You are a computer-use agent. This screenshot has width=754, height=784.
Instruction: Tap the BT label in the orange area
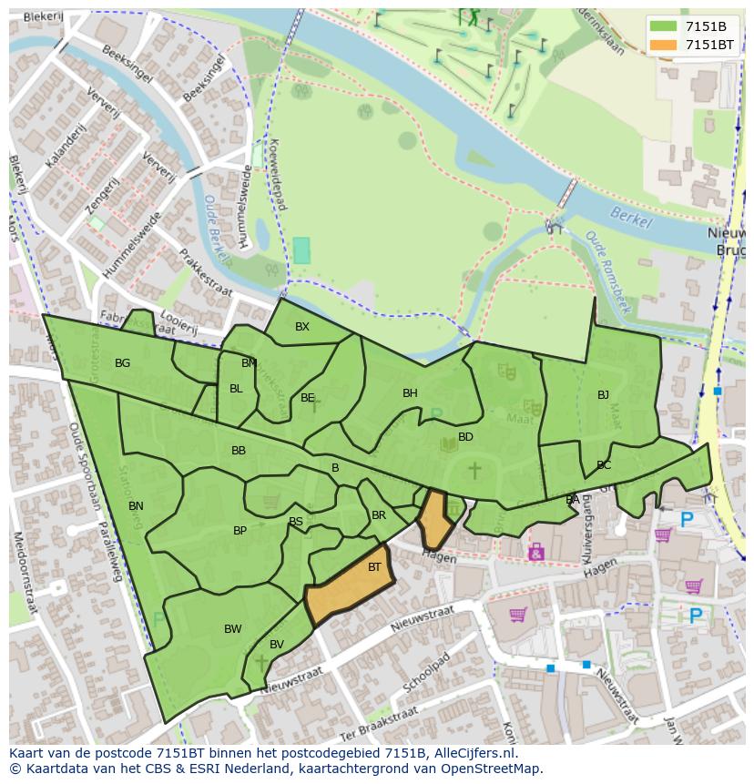[x=374, y=567]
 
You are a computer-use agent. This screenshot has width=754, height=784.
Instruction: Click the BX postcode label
[x=302, y=327]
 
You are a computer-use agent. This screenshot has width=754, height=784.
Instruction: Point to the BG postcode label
[x=122, y=363]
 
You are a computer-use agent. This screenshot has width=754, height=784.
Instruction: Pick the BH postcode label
[x=410, y=393]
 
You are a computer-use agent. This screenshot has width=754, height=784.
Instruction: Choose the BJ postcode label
[x=603, y=395]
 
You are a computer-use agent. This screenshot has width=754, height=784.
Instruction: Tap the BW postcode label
[x=233, y=629]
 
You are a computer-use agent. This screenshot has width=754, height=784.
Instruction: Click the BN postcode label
[x=136, y=506]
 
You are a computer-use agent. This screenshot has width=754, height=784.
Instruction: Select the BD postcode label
[x=465, y=437]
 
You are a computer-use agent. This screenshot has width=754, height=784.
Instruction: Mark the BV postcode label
[x=277, y=645]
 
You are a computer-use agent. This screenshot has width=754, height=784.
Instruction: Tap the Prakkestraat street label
[x=206, y=271]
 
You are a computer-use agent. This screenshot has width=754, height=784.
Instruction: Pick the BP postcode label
[x=239, y=531]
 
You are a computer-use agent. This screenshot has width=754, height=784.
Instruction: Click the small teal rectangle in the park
[x=301, y=250]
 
